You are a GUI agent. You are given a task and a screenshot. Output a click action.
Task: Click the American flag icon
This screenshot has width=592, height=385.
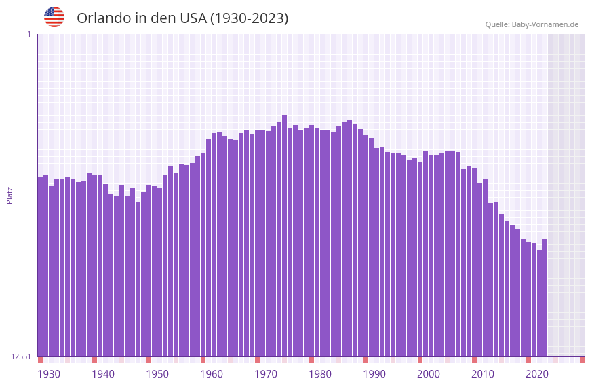(x=54, y=17)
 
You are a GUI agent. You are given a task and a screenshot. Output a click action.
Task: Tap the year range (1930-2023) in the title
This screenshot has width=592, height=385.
(x=249, y=18)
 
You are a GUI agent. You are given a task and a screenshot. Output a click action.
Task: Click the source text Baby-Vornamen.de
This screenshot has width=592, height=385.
(x=545, y=24)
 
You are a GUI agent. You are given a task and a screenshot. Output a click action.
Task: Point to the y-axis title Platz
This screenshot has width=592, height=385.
(x=9, y=195)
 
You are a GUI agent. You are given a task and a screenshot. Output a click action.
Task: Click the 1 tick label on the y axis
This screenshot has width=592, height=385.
(x=28, y=34)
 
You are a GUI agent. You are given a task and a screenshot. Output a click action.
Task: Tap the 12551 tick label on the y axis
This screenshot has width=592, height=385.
(x=21, y=356)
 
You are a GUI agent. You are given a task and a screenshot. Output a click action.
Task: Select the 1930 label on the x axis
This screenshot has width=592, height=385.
(x=49, y=374)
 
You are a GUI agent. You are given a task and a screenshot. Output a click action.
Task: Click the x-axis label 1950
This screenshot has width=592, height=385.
(x=157, y=374)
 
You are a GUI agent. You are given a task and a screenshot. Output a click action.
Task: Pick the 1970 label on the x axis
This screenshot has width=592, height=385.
(x=266, y=374)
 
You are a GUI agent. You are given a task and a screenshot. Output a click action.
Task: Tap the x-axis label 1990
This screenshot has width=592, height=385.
(x=374, y=374)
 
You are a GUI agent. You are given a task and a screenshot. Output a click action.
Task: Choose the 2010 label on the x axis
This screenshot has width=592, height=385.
(x=483, y=374)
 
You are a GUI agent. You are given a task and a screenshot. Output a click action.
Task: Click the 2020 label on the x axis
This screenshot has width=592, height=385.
(x=537, y=374)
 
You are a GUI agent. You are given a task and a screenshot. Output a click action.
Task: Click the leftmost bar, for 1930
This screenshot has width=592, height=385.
(x=41, y=266)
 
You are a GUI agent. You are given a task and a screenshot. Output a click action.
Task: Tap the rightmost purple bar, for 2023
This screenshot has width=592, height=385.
(x=545, y=297)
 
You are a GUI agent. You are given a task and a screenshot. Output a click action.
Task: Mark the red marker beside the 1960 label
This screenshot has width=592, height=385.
(x=203, y=360)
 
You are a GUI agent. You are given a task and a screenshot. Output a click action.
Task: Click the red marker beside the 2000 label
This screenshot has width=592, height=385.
(x=420, y=360)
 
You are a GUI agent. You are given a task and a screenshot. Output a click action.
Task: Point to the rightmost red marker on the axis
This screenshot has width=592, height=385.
(x=583, y=360)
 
